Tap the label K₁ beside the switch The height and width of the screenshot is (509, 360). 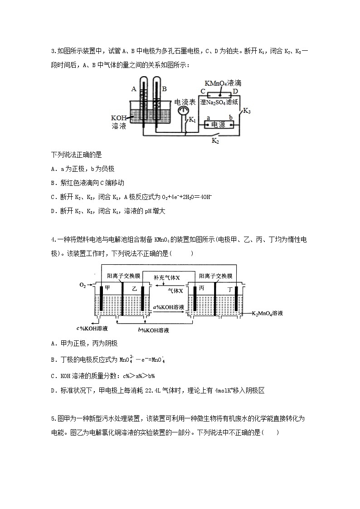point(192,120)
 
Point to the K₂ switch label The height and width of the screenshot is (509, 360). point(215,141)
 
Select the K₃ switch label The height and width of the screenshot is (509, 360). point(247,111)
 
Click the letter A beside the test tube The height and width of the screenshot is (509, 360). point(134,89)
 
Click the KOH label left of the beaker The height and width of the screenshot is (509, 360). point(119,117)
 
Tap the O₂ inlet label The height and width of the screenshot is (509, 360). point(82,285)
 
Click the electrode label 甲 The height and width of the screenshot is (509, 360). point(107,288)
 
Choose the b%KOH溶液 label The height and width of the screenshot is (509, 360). point(153,330)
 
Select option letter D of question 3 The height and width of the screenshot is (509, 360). point(54,210)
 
